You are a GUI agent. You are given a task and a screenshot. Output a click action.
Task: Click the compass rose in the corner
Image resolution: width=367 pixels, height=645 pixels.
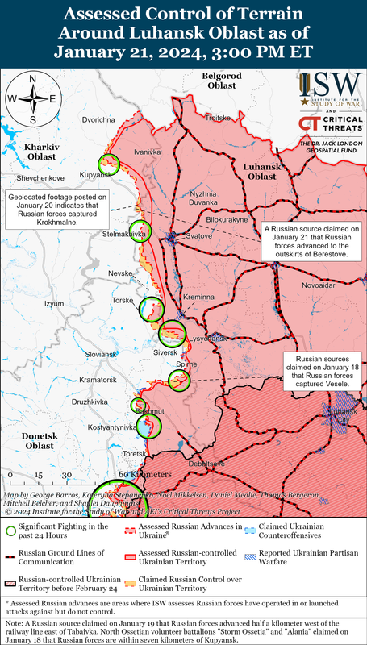click(32, 99)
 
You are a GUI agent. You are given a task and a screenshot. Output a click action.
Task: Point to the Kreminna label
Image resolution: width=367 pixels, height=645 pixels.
click(198, 298)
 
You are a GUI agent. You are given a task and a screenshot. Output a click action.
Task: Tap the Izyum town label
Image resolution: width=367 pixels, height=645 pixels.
click(53, 303)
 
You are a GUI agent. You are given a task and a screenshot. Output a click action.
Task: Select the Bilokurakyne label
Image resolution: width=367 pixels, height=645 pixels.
click(227, 219)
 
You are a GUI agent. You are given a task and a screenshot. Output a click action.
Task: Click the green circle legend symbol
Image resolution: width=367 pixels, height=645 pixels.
click(9, 531)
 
